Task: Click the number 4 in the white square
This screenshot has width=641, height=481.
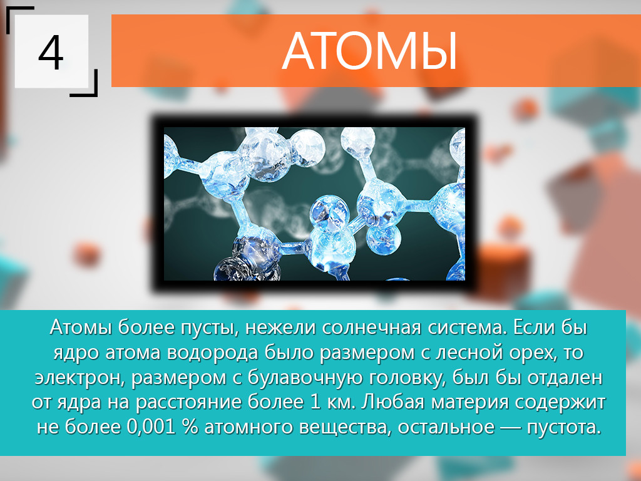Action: point(51,53)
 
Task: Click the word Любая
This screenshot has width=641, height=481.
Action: point(391,401)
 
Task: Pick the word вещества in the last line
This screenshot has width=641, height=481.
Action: point(346,427)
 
